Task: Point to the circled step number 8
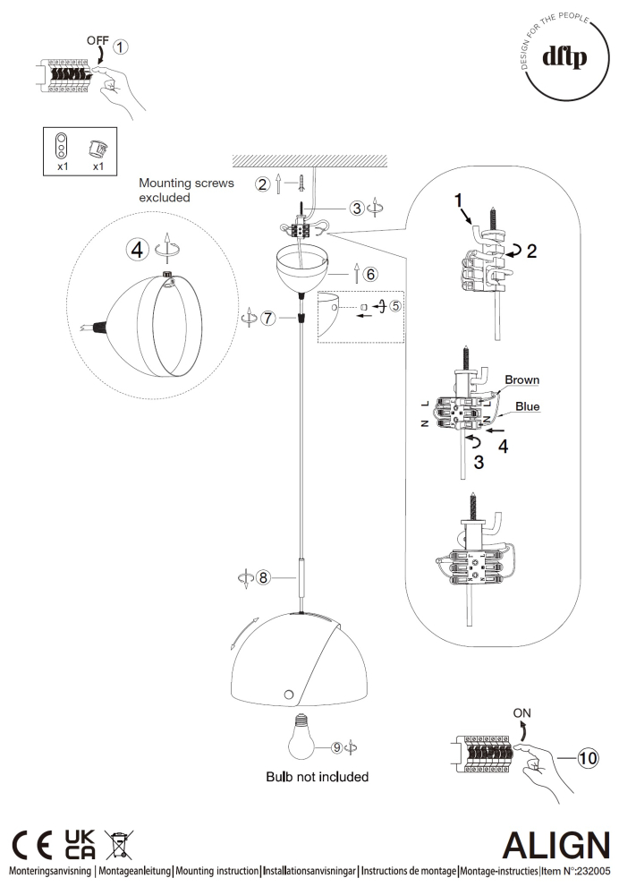pyautogui.click(x=263, y=577)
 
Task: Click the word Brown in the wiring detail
pyautogui.click(x=521, y=379)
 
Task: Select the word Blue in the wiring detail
pyautogui.click(x=528, y=405)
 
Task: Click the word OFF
pyautogui.click(x=98, y=40)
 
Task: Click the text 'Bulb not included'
pyautogui.click(x=317, y=777)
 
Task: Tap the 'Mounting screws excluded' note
pyautogui.click(x=186, y=190)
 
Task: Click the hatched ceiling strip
pyautogui.click(x=309, y=162)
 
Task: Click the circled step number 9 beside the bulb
pyautogui.click(x=336, y=746)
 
